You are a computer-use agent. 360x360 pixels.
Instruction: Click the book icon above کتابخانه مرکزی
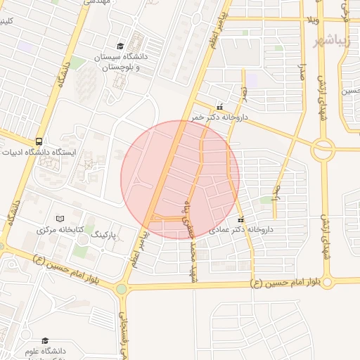pyautogui.click(x=60, y=219)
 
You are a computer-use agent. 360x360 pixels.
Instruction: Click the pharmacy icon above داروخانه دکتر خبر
pyautogui.click(x=221, y=107)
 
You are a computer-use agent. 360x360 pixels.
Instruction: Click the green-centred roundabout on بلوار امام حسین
pyautogui.click(x=122, y=288)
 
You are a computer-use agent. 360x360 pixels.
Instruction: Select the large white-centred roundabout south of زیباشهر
pyautogui.click(x=324, y=148)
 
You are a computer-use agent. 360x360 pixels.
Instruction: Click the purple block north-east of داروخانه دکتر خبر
pyautogui.click(x=252, y=82)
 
